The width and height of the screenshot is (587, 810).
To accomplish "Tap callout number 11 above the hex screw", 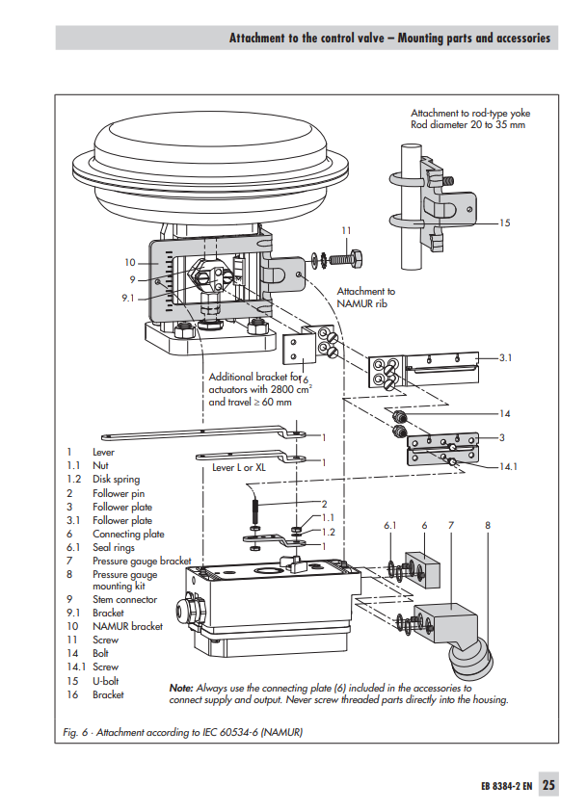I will [346, 230].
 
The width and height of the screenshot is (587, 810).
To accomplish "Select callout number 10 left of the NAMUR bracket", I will [130, 262].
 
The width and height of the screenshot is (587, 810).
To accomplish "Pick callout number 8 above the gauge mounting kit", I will [489, 525].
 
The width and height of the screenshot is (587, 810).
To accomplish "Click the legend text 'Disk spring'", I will [116, 479].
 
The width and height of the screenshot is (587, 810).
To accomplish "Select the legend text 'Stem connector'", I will [124, 599].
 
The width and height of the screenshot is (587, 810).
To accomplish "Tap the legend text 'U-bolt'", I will [107, 680].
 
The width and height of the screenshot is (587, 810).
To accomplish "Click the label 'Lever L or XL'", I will [239, 467].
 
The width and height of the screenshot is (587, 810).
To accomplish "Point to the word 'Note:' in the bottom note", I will [181, 689].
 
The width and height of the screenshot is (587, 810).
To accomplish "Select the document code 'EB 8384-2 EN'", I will [506, 786].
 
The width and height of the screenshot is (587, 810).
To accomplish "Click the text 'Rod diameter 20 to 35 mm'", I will [468, 125].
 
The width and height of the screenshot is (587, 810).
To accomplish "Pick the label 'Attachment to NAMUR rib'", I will [365, 297].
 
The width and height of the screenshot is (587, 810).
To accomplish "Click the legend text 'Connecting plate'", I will [128, 534].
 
